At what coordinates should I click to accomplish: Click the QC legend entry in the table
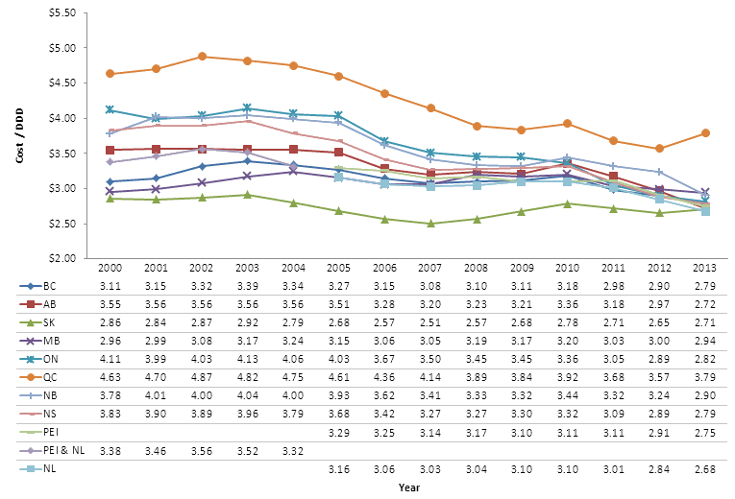click(47, 376)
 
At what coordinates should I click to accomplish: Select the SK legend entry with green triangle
click(47, 321)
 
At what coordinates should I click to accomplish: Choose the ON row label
click(47, 358)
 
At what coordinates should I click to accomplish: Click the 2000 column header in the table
click(110, 268)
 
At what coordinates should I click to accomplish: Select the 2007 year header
click(430, 268)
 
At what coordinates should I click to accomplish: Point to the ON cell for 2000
click(110, 358)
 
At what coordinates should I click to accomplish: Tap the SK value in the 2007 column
click(430, 321)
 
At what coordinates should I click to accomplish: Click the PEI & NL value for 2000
click(110, 449)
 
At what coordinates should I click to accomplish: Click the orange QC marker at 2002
click(202, 57)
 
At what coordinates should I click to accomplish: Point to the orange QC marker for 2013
click(705, 132)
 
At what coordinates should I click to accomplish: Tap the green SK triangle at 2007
click(430, 223)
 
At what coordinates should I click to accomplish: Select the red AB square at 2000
click(110, 151)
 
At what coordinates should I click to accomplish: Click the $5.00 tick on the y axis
click(72, 48)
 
